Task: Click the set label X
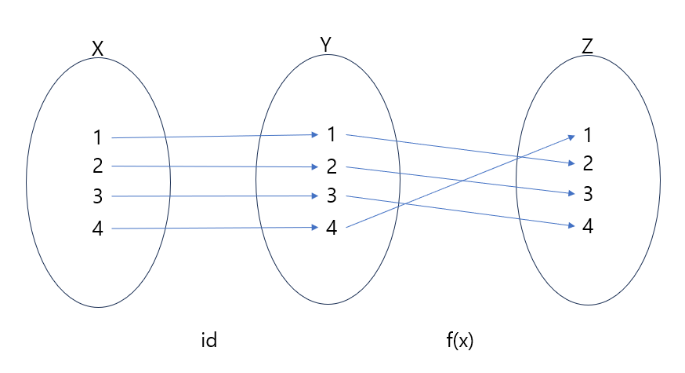click(x=97, y=49)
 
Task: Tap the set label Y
click(x=325, y=45)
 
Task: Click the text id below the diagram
click(x=209, y=341)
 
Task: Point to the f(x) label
click(x=460, y=341)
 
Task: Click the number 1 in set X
click(x=97, y=138)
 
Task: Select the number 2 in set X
click(x=97, y=166)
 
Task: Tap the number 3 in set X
click(x=97, y=196)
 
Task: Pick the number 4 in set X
click(x=97, y=229)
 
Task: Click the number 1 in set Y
click(x=332, y=135)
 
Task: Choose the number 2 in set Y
click(x=332, y=166)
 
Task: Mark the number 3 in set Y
click(x=332, y=196)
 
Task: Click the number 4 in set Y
click(x=332, y=228)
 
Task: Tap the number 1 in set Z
click(x=587, y=135)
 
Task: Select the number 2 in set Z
click(x=587, y=164)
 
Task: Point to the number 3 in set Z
click(x=587, y=194)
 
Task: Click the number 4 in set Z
click(x=587, y=227)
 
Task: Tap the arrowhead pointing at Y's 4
click(x=313, y=228)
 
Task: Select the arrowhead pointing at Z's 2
click(x=570, y=163)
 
